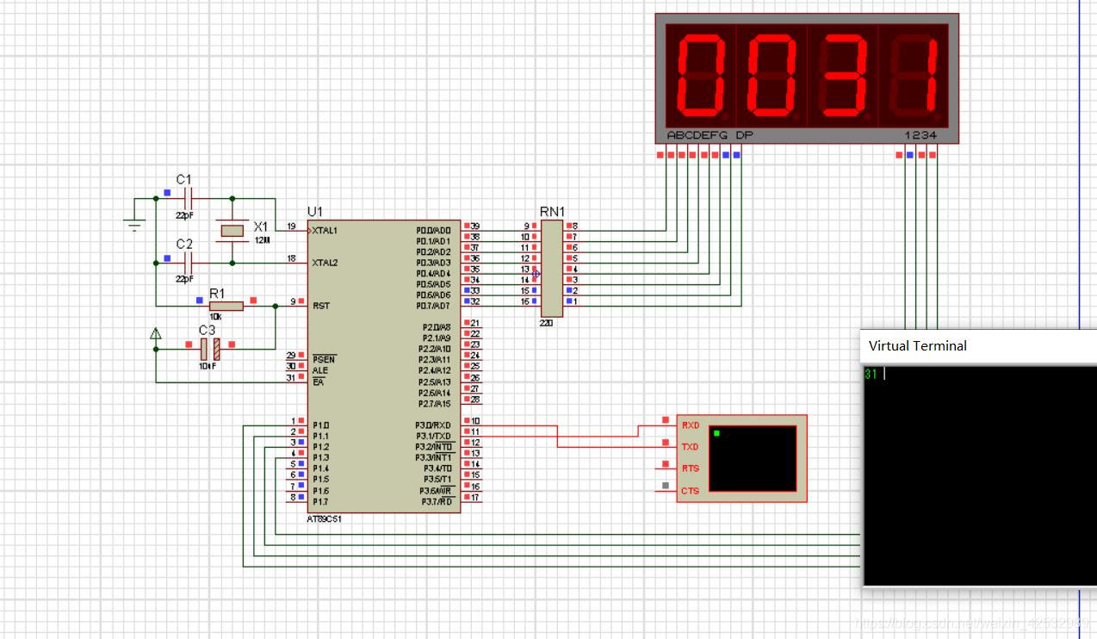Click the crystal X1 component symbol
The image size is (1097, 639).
(x=233, y=230)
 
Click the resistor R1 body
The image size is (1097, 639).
(x=226, y=306)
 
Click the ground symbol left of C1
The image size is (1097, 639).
(x=134, y=225)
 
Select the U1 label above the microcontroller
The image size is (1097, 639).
(x=315, y=212)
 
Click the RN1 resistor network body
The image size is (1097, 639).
(x=551, y=268)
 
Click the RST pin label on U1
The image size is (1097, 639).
(x=320, y=306)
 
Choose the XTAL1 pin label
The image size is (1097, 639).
(x=325, y=231)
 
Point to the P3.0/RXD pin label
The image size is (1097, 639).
(x=433, y=425)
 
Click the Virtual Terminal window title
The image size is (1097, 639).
(x=917, y=346)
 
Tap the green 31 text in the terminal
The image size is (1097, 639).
(x=871, y=375)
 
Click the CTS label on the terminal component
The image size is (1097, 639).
(x=690, y=491)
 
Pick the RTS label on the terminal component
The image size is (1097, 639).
(x=690, y=469)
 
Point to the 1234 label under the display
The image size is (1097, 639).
(x=920, y=135)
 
